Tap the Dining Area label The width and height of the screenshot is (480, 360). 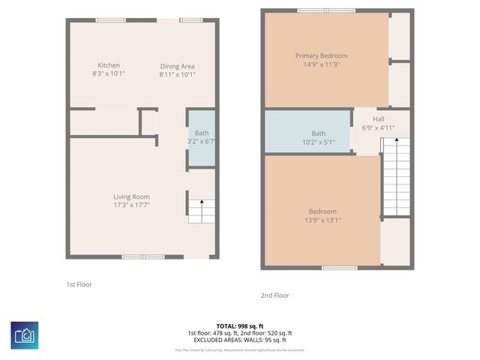(x=177, y=67)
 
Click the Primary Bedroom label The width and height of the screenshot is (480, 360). (x=321, y=55)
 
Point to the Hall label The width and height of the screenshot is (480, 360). (x=379, y=118)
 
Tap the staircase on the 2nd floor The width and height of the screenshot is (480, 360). (x=397, y=177)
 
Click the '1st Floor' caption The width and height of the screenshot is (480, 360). (x=79, y=284)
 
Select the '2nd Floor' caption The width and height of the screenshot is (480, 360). (x=274, y=295)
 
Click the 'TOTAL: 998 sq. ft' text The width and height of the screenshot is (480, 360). (x=239, y=326)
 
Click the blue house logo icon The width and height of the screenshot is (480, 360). (x=25, y=335)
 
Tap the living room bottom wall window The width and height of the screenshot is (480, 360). (x=143, y=257)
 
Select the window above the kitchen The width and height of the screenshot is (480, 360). (x=110, y=20)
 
